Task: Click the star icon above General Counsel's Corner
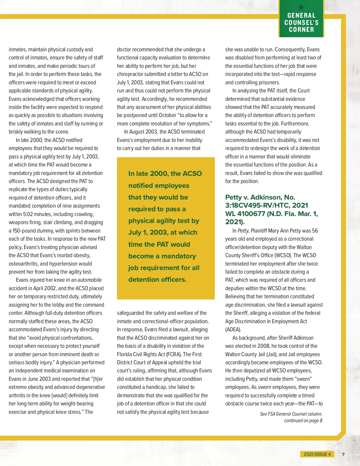[x=301, y=7]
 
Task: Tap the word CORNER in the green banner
[x=301, y=29]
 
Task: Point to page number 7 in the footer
[x=343, y=454]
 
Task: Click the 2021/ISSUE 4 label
[x=317, y=454]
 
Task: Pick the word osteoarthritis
[x=23, y=264]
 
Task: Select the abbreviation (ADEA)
[x=233, y=329]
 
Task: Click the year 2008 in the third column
[x=263, y=346]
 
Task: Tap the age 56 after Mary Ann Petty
[x=315, y=231]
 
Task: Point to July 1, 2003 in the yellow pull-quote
[x=148, y=232]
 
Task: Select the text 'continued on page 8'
[x=303, y=420]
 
